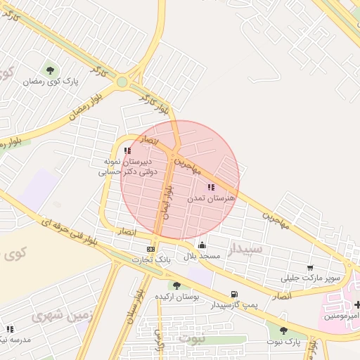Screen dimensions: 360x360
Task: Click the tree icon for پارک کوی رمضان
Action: (x=50, y=69)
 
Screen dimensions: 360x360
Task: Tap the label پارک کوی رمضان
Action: (x=50, y=82)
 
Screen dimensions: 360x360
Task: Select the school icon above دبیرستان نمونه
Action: (x=127, y=150)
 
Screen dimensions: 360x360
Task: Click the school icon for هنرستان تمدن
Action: (x=211, y=187)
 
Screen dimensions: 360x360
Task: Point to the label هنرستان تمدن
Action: (x=210, y=199)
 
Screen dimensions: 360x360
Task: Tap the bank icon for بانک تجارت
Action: (x=151, y=249)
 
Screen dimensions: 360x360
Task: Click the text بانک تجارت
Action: (x=151, y=260)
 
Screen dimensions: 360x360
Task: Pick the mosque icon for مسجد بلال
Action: (x=202, y=245)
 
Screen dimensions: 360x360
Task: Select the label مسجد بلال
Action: (x=202, y=257)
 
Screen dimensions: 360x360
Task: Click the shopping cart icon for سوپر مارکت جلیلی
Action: (x=310, y=267)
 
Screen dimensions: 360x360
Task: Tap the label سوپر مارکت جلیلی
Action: (x=310, y=278)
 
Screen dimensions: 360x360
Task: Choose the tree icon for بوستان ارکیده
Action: (x=176, y=285)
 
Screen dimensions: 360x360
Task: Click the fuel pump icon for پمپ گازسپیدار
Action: (x=233, y=295)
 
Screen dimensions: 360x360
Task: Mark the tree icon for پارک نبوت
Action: (x=283, y=330)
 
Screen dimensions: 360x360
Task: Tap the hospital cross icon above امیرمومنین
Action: (x=358, y=304)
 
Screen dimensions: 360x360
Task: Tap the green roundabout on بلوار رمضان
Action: (x=122, y=82)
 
